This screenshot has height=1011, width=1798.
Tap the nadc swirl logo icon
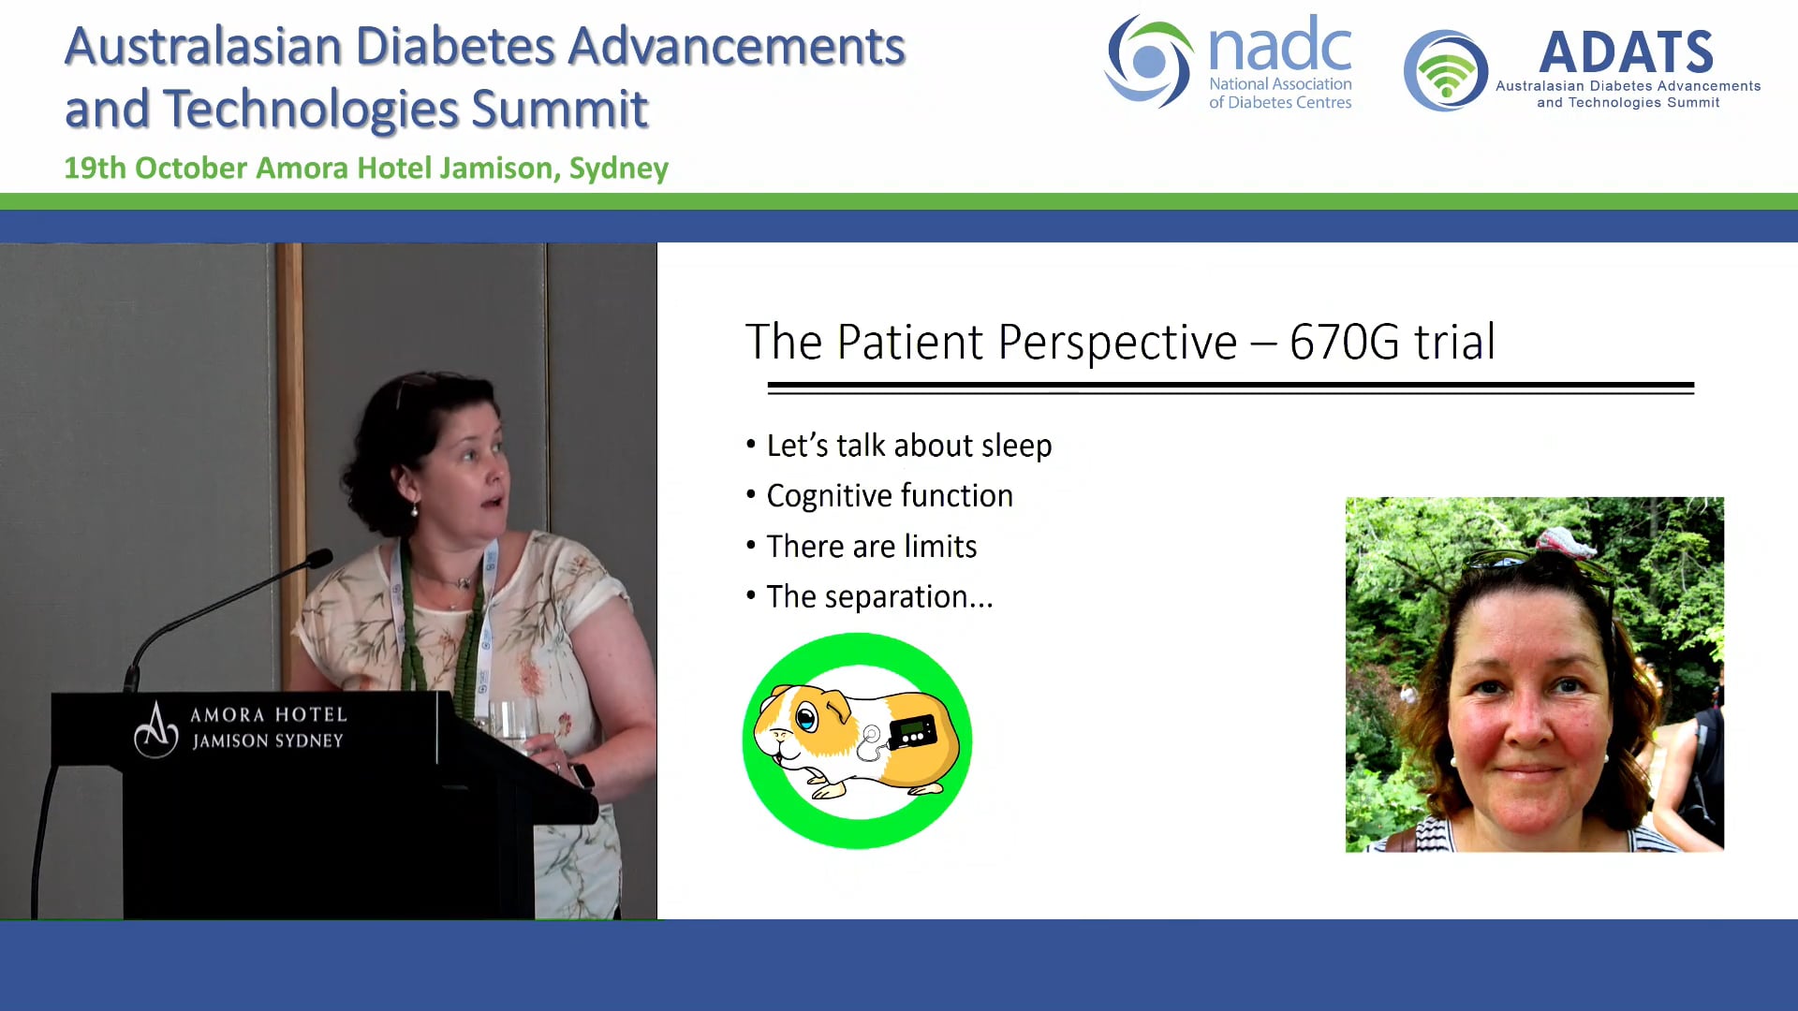[1148, 62]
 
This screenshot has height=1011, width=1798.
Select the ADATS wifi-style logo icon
[1445, 71]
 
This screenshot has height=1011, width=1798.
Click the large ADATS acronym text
[1626, 52]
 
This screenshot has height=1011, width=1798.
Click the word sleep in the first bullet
[1016, 446]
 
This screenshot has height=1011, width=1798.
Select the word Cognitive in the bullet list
[829, 496]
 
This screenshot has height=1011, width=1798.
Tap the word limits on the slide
[940, 547]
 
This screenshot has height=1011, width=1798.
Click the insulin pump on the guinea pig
[912, 731]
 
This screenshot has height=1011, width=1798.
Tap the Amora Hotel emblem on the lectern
[155, 730]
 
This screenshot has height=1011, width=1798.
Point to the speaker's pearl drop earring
[413, 511]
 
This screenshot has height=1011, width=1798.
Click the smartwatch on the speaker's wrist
[582, 776]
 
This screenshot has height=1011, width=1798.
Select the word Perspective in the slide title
[1117, 342]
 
